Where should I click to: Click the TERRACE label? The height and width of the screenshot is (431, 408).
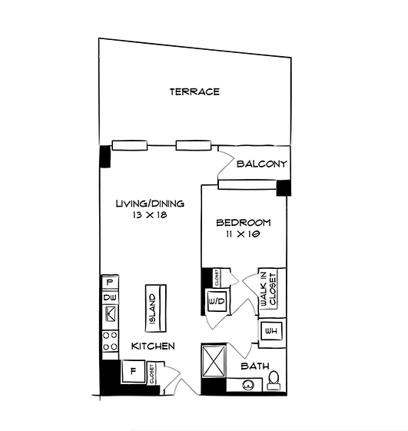[x=194, y=92]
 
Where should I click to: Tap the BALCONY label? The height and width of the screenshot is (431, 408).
[x=261, y=164]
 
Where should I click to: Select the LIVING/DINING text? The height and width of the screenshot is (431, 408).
[x=150, y=204]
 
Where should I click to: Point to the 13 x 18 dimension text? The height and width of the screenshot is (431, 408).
[x=150, y=216]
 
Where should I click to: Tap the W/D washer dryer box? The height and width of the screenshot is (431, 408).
[x=216, y=300]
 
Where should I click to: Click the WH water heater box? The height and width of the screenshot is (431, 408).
[x=270, y=330]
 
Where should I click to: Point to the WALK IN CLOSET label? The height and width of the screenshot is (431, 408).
[x=267, y=290]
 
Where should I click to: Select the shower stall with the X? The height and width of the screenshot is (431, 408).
[x=213, y=360]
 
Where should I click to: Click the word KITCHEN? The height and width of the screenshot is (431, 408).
[x=152, y=346]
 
